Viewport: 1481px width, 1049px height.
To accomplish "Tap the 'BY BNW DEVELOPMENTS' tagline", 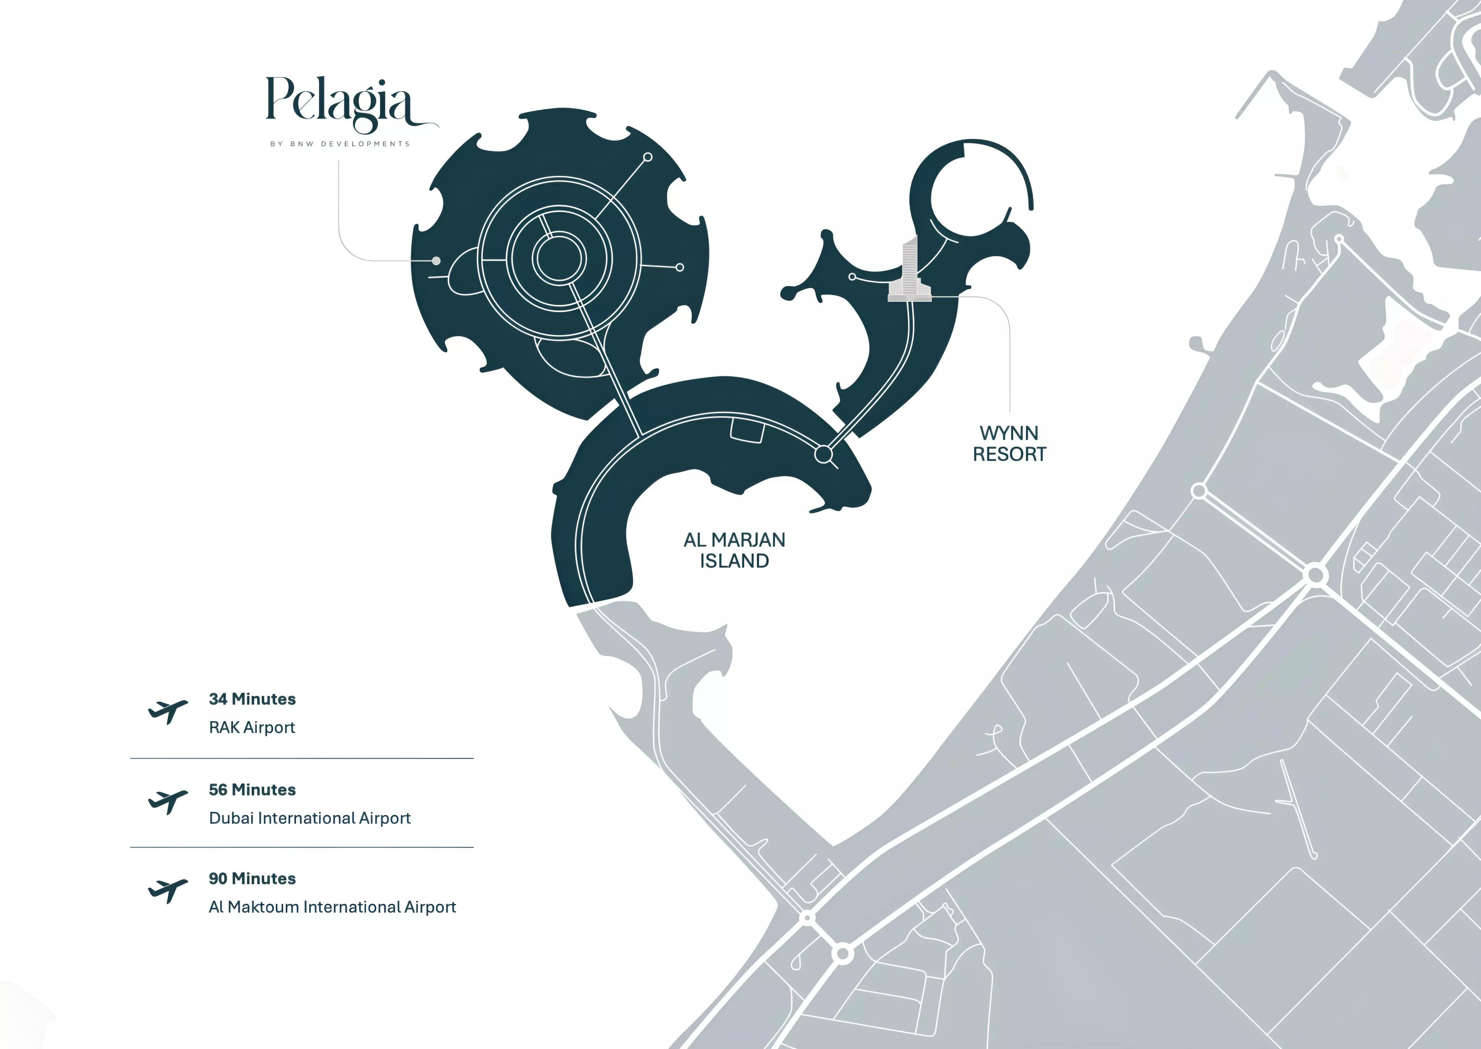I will (340, 143).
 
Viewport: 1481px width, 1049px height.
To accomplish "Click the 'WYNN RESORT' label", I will (1009, 444).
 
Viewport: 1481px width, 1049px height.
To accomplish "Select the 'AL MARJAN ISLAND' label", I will (734, 550).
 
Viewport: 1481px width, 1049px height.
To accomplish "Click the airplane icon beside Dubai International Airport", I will (167, 802).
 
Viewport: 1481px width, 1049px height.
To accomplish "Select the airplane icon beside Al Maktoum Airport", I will (167, 891).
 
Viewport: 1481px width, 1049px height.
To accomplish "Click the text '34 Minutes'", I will (252, 699).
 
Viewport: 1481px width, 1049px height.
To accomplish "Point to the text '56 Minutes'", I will (252, 789).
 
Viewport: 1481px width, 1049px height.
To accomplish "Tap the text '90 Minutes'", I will (252, 879).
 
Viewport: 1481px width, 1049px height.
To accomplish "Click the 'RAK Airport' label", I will (252, 727).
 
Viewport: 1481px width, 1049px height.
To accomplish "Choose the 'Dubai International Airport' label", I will (309, 818).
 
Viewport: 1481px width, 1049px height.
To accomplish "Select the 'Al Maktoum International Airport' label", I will (332, 907).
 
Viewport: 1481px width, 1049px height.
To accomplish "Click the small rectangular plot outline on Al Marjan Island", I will (747, 430).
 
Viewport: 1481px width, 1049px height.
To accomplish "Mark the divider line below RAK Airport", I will (302, 758).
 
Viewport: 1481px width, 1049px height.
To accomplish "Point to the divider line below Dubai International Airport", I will (302, 847).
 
